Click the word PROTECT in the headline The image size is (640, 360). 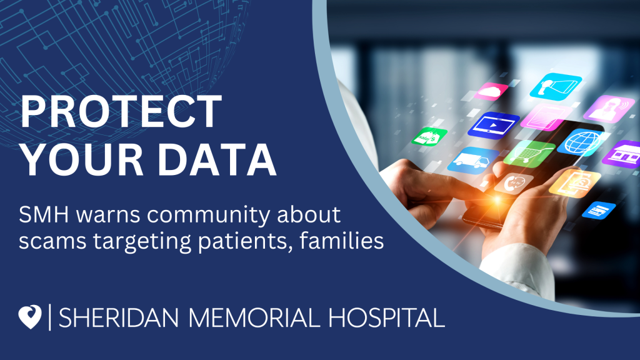pos(121,111)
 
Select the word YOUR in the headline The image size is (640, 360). pos(82,159)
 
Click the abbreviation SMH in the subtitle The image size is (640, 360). pos(44,215)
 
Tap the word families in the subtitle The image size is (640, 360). pos(342,240)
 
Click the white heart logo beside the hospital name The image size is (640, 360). pos(30,317)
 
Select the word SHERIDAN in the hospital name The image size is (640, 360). pos(119,317)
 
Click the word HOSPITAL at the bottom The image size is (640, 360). pos(386,317)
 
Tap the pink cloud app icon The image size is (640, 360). pos(491,91)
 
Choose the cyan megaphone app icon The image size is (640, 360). pos(556,86)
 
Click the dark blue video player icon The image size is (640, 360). pos(494,125)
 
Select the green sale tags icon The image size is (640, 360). pos(429,136)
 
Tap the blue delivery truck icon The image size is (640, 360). pos(473,160)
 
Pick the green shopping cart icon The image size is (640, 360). pos(529,154)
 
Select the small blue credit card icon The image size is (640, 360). pos(599,210)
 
